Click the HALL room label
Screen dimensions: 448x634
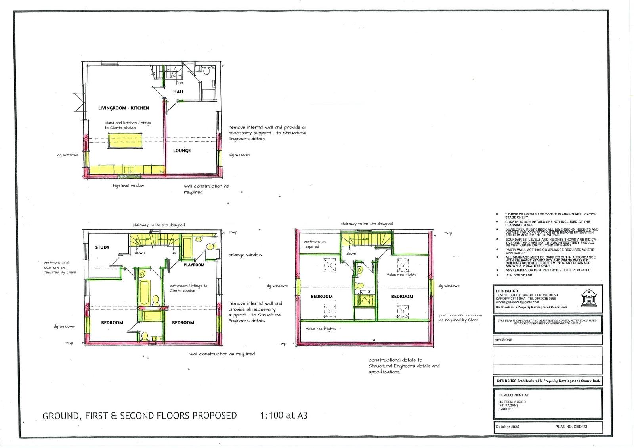point(178,92)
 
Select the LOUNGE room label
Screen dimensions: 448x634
point(182,151)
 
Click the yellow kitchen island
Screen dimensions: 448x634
point(125,141)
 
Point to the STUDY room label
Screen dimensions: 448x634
point(102,247)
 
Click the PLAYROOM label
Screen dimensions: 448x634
point(194,265)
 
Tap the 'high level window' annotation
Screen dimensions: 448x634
point(128,185)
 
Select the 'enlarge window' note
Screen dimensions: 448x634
point(245,255)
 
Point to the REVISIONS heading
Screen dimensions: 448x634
point(503,340)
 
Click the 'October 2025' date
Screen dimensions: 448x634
point(507,427)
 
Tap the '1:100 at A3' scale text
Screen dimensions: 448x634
point(284,416)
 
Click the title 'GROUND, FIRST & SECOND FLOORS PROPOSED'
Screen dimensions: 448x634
point(139,416)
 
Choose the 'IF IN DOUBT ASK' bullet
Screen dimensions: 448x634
point(519,275)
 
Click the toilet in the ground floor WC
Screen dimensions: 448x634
point(206,71)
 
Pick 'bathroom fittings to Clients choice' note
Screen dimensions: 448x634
point(188,288)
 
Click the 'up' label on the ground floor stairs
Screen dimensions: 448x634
point(181,83)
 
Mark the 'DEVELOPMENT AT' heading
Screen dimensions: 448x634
point(514,395)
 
